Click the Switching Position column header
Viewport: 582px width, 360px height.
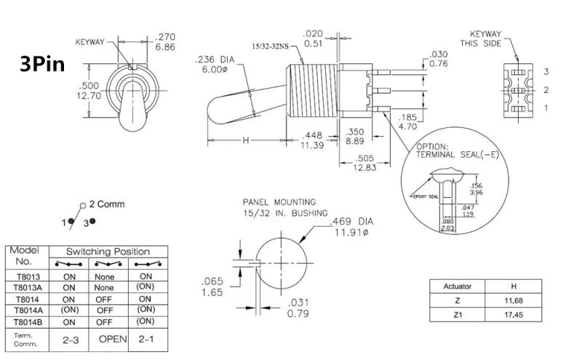tap(109, 251)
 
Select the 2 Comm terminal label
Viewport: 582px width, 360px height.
tap(105, 204)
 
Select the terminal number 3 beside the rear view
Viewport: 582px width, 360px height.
tap(546, 71)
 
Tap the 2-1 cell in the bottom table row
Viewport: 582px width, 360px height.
tap(145, 339)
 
